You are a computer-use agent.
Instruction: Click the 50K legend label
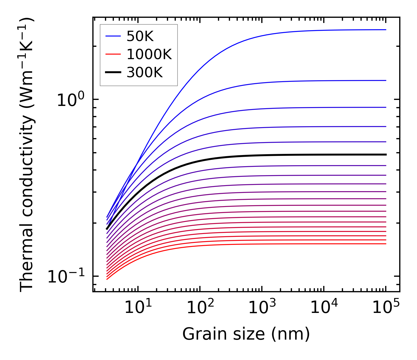(x=140, y=36)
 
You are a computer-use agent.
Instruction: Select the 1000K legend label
(x=149, y=55)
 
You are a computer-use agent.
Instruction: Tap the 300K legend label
(x=145, y=73)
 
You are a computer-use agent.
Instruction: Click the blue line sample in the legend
(x=113, y=36)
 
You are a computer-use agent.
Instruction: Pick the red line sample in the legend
(x=113, y=55)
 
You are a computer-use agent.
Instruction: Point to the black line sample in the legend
(x=113, y=73)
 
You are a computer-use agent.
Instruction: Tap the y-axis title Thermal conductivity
(x=27, y=155)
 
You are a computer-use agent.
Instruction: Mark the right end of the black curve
(x=386, y=154)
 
